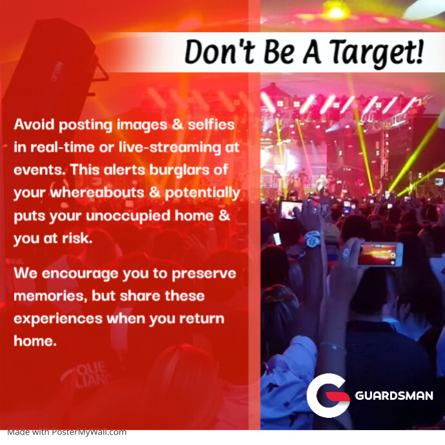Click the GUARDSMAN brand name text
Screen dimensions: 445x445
[394, 395]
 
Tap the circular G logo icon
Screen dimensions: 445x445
[328, 395]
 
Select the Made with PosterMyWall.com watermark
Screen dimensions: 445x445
[67, 432]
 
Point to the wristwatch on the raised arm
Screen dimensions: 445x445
[312, 239]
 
